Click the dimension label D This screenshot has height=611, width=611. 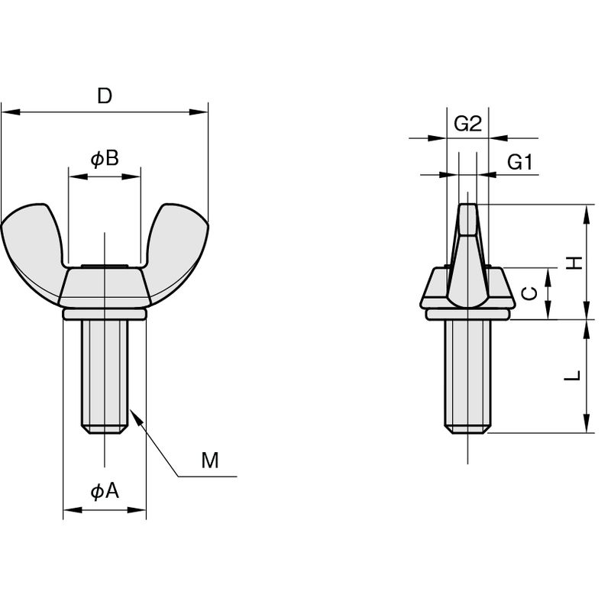point(105,95)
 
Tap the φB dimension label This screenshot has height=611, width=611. point(105,159)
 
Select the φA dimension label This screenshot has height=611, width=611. point(105,491)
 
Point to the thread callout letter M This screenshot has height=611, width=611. point(210,461)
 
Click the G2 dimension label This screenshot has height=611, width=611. point(467,124)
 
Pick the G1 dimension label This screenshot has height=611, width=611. point(520,162)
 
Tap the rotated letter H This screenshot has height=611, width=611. point(574,263)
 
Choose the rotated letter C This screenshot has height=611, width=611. point(530,293)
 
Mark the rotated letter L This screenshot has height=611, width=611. point(573,376)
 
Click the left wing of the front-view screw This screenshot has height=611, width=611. point(32,250)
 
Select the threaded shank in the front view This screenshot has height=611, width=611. point(105,377)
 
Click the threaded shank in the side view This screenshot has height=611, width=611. point(467,377)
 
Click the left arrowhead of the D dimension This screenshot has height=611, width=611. point(11,112)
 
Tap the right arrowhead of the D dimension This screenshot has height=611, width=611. point(199,112)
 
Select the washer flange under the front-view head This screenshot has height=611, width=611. point(105,314)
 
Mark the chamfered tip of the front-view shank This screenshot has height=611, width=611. point(105,429)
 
